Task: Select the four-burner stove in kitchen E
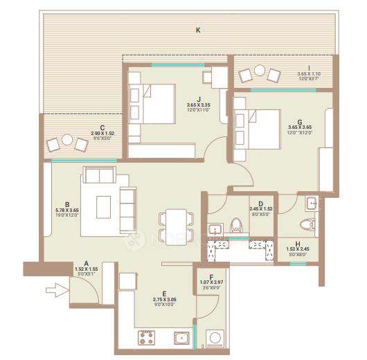pos(146,337)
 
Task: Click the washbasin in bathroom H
pos(312,204)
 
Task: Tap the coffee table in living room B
pos(103,206)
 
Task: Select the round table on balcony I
pos(261,70)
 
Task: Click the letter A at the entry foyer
pos(87,264)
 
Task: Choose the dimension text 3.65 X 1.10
pos(309,73)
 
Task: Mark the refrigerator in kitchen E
pos(125,281)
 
